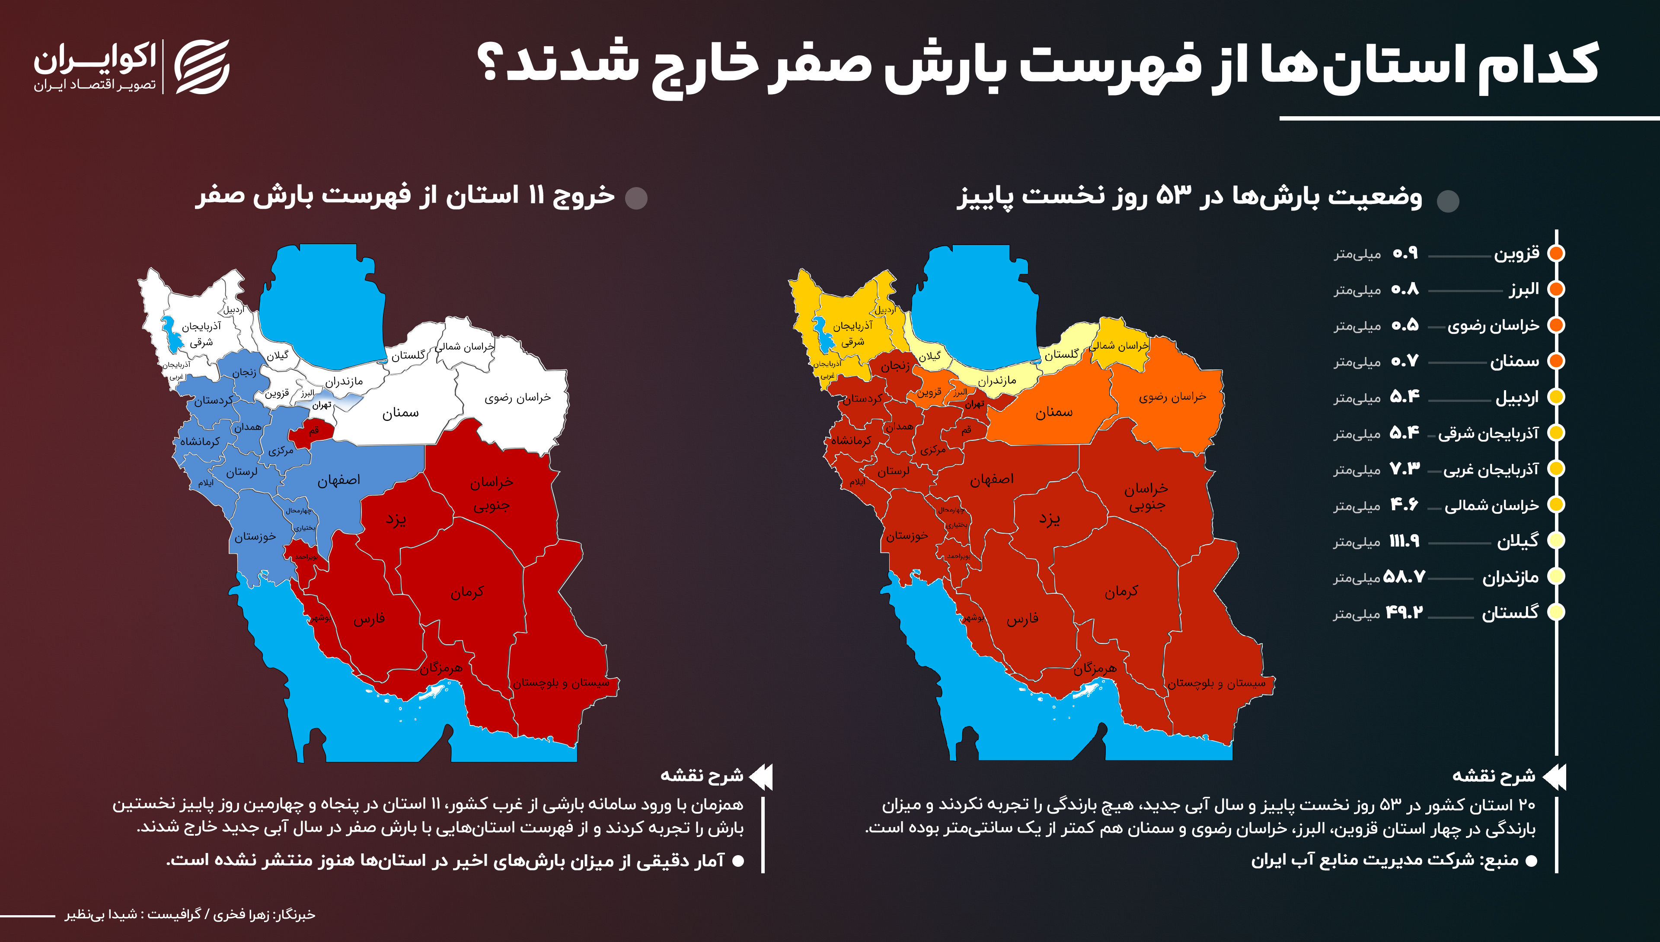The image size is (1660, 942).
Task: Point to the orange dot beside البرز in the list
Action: (x=1556, y=289)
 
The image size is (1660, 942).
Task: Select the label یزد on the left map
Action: (x=396, y=519)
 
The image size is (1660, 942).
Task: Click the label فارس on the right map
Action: (x=1022, y=619)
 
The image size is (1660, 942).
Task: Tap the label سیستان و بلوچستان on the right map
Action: (x=1216, y=683)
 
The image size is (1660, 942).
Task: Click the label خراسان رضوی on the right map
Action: (x=1172, y=397)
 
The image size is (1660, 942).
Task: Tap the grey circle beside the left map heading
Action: (x=636, y=198)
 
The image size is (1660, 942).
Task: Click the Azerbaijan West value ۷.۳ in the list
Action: (x=1405, y=469)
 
